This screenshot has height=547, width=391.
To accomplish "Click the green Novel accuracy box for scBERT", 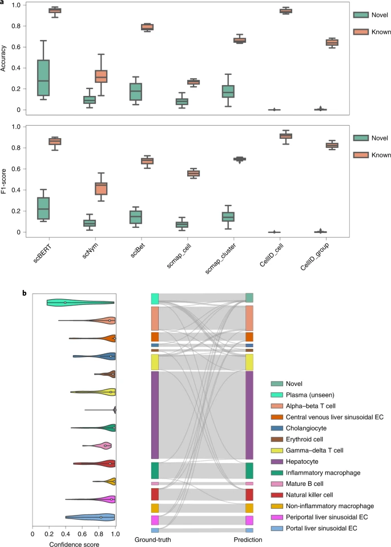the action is point(43,78).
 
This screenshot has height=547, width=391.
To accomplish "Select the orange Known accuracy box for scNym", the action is point(101,77).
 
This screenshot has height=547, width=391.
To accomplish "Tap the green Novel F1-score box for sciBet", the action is point(136,217).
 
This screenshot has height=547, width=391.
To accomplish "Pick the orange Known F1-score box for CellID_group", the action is point(332,145).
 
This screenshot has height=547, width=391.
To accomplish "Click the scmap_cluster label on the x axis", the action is point(220,258).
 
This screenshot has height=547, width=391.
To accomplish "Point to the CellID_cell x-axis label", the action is point(272,255).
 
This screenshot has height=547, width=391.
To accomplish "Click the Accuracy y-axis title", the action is point(3,58).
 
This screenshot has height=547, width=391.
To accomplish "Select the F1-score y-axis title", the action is point(3,181).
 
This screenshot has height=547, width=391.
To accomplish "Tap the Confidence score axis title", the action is point(74,544).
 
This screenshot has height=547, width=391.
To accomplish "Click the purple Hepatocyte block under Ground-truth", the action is point(155,415).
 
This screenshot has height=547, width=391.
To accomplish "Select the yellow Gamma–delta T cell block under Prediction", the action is point(249,363).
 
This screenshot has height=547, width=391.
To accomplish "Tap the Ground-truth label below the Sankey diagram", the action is point(153,540).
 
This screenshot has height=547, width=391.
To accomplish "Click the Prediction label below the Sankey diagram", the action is point(248,540).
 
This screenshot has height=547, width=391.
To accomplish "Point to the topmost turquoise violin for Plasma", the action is point(80,303).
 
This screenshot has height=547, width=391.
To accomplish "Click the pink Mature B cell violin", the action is point(97,446).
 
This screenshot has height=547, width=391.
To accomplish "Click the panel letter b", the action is point(25,293).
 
